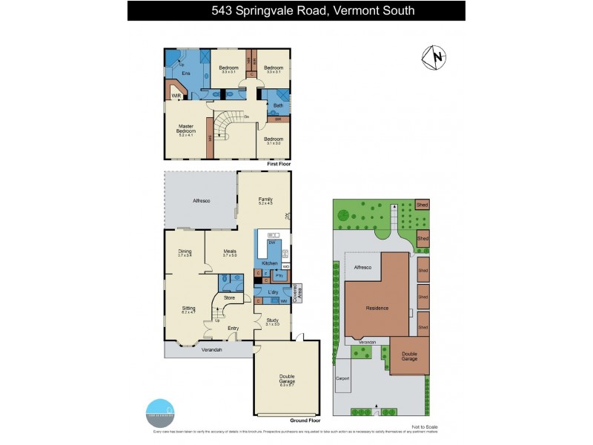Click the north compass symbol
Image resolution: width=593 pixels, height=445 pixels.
434,56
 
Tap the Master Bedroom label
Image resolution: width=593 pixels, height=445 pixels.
185,129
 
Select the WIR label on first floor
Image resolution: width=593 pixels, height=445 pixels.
176,96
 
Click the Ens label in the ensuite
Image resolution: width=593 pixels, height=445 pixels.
176,73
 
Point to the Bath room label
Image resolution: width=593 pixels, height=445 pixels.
278,105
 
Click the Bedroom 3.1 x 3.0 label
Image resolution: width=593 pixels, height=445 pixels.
274,141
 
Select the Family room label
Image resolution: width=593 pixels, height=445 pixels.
265,200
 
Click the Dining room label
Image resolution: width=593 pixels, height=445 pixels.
185,252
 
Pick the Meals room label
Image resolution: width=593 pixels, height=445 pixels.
230,252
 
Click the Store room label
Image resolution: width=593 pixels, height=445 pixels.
229,299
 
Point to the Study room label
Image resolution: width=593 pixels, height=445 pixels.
272,320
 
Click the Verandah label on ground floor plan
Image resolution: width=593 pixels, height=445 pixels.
211,349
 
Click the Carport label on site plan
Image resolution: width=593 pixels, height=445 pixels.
342,378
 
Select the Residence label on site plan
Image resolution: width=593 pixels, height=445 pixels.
377,307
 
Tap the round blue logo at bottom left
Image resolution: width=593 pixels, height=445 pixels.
159,410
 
